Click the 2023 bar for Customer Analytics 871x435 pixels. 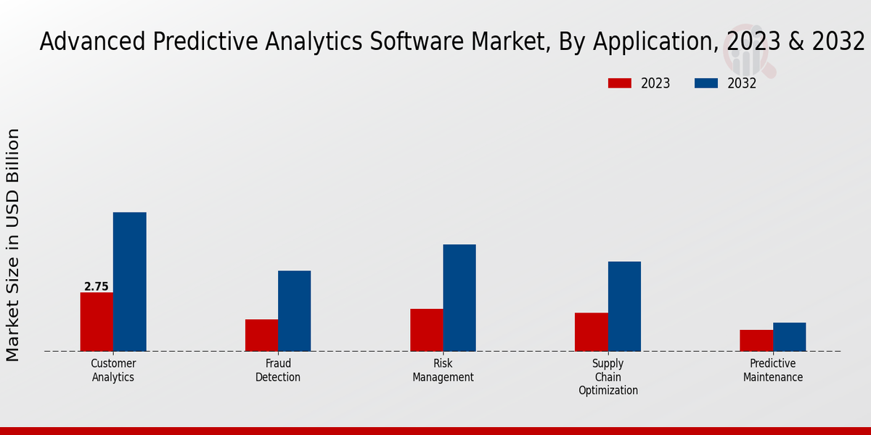click(97, 322)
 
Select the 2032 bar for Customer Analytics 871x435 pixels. click(129, 282)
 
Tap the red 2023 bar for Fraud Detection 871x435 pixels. click(261, 335)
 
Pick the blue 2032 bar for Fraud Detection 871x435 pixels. click(294, 311)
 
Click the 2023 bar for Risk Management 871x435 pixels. click(426, 330)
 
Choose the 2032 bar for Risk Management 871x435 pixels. click(459, 298)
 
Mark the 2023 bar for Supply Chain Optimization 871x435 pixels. click(591, 332)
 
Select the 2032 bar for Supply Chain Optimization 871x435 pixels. click(624, 306)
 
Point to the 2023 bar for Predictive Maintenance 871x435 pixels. click(756, 341)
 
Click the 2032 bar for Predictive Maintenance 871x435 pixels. click(789, 337)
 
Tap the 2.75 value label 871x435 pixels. click(96, 286)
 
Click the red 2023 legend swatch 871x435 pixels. click(619, 83)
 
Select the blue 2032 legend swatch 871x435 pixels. click(706, 83)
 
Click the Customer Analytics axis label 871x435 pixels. click(113, 370)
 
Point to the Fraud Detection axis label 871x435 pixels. click(278, 370)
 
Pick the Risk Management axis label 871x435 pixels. click(443, 370)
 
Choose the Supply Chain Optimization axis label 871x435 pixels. click(608, 377)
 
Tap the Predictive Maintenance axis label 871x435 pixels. click(773, 370)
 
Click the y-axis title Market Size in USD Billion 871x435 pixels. click(13, 245)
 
